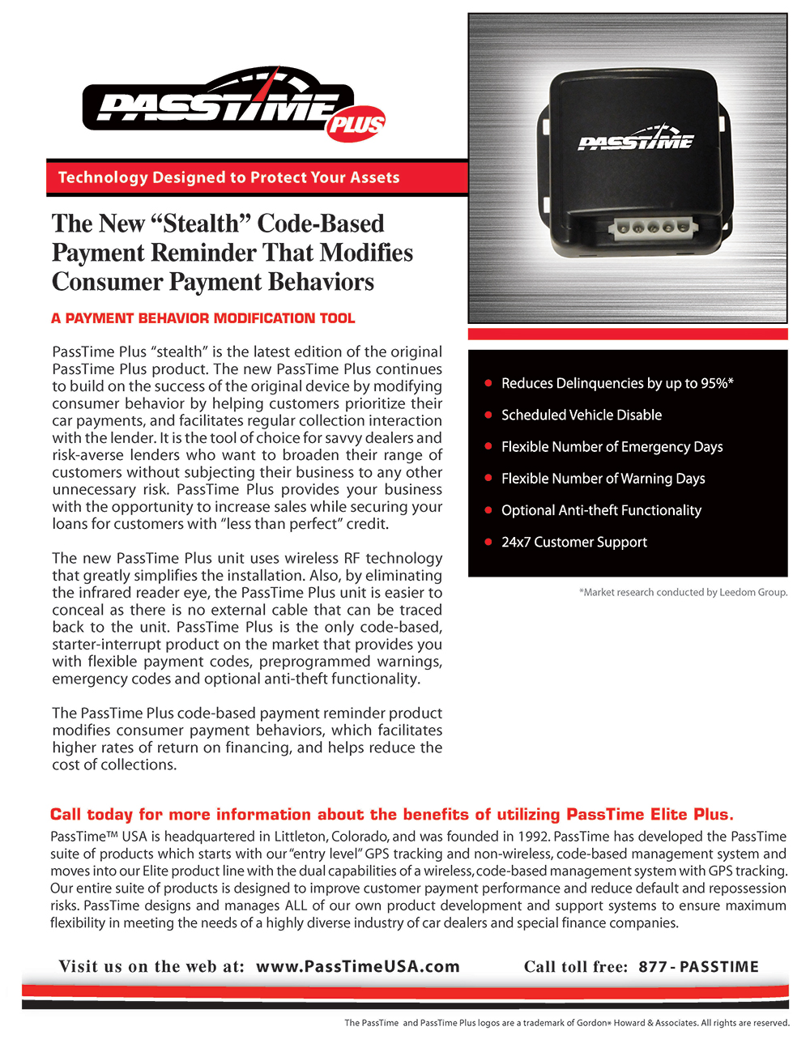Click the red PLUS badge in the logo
coord(356,124)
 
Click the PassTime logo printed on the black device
coord(636,139)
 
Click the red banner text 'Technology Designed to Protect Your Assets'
coord(228,177)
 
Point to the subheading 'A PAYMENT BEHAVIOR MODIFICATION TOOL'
coord(202,318)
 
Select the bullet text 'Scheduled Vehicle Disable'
coord(581,415)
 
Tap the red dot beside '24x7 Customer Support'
coord(488,542)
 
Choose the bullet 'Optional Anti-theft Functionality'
coord(601,510)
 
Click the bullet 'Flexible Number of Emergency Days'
coord(612,446)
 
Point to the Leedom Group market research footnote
coord(683,592)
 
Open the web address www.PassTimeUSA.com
coord(357,966)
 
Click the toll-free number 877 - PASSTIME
coord(698,966)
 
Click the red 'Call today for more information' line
coord(391,814)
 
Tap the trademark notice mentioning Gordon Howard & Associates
coord(567,1023)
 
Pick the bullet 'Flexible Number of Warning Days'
coord(603,479)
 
